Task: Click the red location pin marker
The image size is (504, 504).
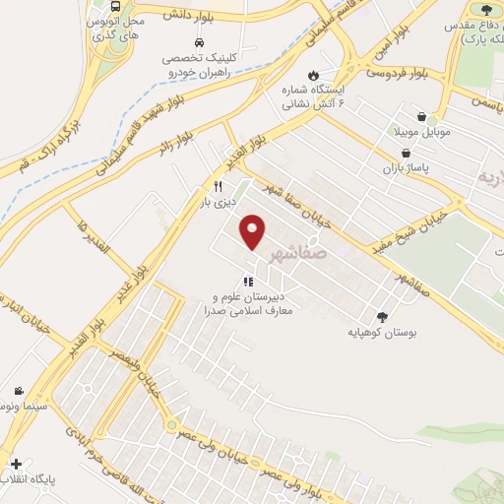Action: (x=254, y=232)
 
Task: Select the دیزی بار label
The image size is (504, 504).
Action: (x=220, y=203)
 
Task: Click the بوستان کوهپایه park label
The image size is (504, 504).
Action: (x=383, y=333)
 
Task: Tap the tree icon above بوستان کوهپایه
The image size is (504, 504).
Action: (x=383, y=316)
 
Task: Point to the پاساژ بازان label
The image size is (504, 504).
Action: (x=406, y=168)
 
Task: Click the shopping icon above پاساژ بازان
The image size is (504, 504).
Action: (x=407, y=153)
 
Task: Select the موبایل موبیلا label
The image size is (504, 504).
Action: (x=423, y=131)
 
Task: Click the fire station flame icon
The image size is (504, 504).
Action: (x=312, y=75)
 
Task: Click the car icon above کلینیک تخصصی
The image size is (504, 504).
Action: (x=200, y=43)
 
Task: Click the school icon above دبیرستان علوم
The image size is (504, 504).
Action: (x=249, y=283)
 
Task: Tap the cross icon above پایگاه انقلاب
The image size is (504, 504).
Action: (x=15, y=462)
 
